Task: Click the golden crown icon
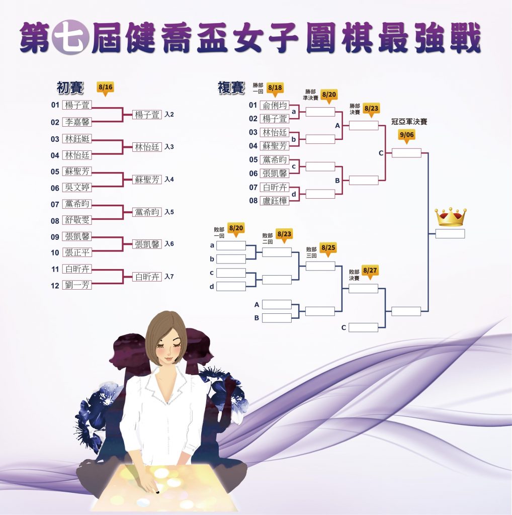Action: [x=451, y=217]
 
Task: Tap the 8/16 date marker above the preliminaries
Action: [x=105, y=89]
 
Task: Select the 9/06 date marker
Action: [x=406, y=136]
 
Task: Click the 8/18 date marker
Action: [x=275, y=89]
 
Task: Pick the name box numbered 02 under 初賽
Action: [x=77, y=122]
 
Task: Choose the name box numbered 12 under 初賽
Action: [x=77, y=285]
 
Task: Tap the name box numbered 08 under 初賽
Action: [x=77, y=220]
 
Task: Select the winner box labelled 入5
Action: [x=147, y=212]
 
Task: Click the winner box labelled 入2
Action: [x=147, y=115]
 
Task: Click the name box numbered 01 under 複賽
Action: [x=275, y=105]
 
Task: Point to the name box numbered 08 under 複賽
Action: [x=275, y=200]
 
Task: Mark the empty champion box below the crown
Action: [x=450, y=233]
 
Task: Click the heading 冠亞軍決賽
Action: [x=409, y=122]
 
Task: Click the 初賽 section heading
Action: [x=70, y=88]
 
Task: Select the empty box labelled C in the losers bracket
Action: [x=363, y=327]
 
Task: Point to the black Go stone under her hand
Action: [x=157, y=492]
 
